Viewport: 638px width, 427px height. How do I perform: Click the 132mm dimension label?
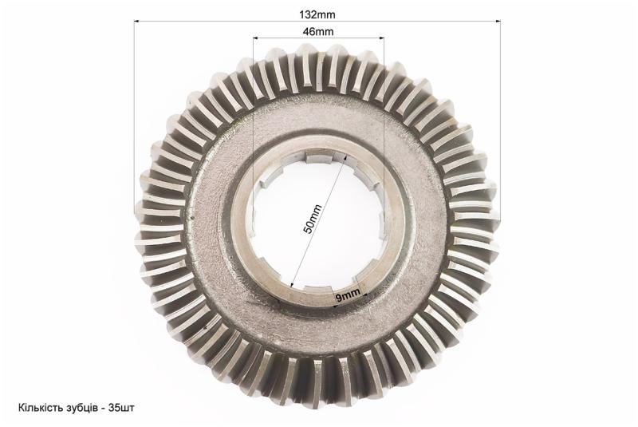tap(317, 15)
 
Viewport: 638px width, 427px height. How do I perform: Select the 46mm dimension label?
tap(318, 32)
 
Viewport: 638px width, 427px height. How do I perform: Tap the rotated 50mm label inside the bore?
tap(313, 219)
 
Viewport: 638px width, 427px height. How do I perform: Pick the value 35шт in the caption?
tap(122, 408)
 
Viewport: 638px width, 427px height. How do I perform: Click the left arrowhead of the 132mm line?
tap(136, 22)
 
